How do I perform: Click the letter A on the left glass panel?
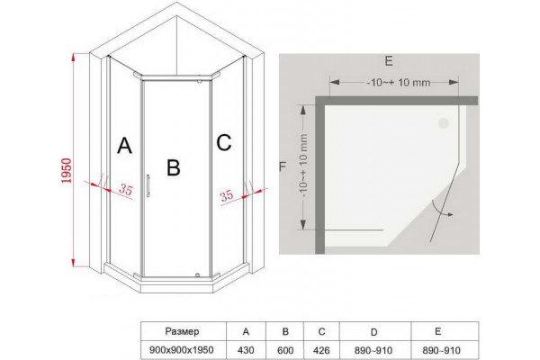pos(124,146)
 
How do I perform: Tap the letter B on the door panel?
pos(173,167)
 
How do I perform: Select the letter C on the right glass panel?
pos(224,142)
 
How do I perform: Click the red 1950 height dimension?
pos(66,170)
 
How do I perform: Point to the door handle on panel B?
pos(148,185)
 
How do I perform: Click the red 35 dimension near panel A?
pos(126,189)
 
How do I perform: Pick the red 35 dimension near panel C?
pos(227,196)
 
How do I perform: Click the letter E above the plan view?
pos(389,61)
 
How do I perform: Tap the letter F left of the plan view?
pos(283,166)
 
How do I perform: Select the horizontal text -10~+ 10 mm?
pos(399,83)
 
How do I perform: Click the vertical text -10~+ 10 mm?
pos(303,166)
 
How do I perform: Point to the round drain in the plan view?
pos(443,123)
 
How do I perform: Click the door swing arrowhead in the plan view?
pos(451,214)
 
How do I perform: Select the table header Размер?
pos(182,331)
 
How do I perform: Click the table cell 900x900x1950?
pos(182,350)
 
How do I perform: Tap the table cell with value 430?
pos(246,350)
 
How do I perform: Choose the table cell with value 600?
pos(285,350)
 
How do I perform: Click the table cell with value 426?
pos(321,350)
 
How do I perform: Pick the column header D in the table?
pos(374,332)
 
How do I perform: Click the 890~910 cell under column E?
pos(442,350)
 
